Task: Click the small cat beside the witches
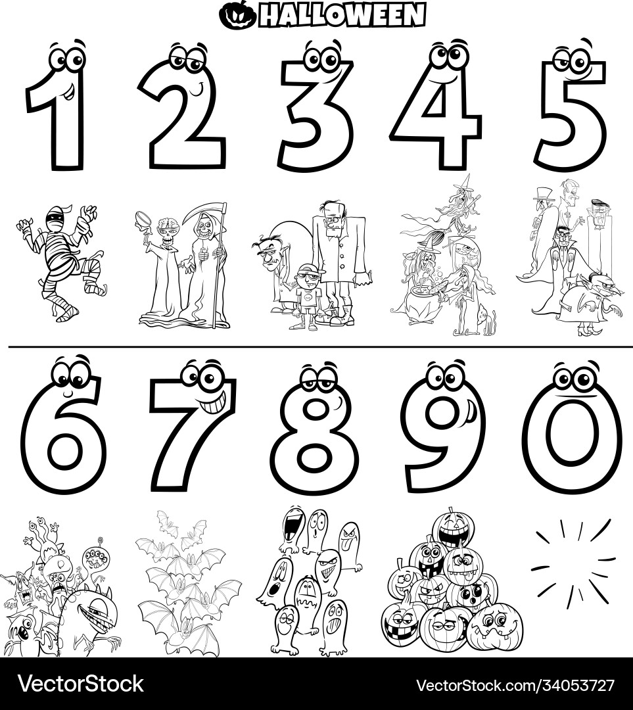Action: point(488,319)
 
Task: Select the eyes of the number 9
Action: point(446,377)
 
